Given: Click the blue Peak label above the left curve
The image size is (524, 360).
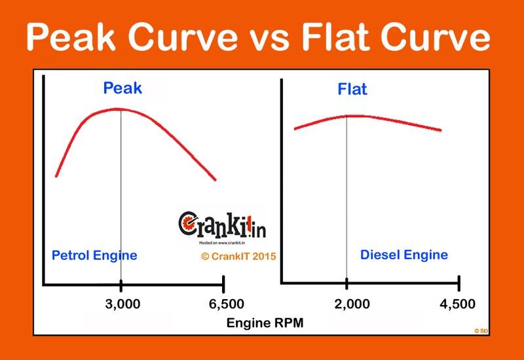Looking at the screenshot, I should (122, 88).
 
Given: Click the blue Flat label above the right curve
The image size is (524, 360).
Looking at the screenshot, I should (352, 89).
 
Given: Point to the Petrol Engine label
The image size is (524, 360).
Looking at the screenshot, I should (94, 255).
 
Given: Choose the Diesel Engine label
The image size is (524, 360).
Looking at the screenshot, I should (404, 255).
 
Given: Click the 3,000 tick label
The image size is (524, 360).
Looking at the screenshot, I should (122, 304).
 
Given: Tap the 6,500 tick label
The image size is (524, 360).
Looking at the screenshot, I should (224, 304).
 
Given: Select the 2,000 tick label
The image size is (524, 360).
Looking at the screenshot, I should (347, 304).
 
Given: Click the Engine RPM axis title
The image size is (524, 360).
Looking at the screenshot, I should (265, 323).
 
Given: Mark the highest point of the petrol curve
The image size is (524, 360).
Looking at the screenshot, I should (121, 109).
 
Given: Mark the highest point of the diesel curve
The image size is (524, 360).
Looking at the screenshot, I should (347, 116).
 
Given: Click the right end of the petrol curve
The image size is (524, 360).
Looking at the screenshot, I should (214, 179).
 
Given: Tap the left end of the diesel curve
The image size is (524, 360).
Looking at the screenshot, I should (295, 128).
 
